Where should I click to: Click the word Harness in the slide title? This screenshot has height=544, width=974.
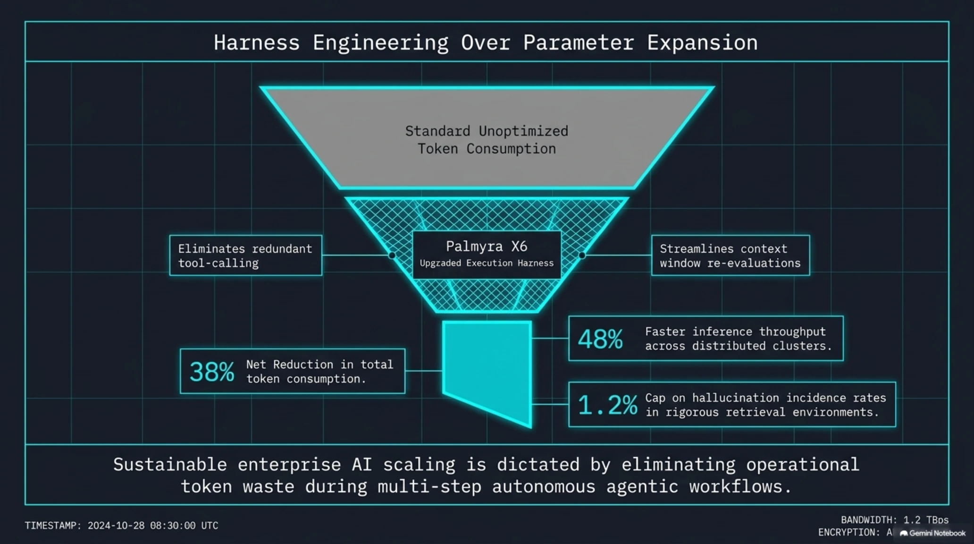[x=256, y=42]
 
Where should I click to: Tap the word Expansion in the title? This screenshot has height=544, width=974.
[x=702, y=42]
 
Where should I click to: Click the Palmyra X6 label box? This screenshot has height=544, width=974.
[x=487, y=255]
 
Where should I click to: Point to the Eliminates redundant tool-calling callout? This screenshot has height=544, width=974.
[x=246, y=255]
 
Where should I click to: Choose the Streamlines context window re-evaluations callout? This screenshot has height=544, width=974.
[x=730, y=255]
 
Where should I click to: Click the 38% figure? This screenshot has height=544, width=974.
[x=212, y=372]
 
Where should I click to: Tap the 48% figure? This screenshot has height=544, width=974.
[x=600, y=339]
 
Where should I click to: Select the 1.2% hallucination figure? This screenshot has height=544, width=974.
[x=608, y=405]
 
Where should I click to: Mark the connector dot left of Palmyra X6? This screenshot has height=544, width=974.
[x=392, y=255]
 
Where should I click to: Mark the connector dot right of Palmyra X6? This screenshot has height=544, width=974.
[x=582, y=255]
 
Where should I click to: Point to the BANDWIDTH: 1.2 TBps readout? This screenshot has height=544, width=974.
[x=895, y=520]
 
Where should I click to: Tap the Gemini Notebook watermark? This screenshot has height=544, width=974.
[x=933, y=533]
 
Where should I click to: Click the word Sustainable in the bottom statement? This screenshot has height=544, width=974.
[x=170, y=464]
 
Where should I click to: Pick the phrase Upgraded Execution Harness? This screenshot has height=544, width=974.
[x=487, y=263]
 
